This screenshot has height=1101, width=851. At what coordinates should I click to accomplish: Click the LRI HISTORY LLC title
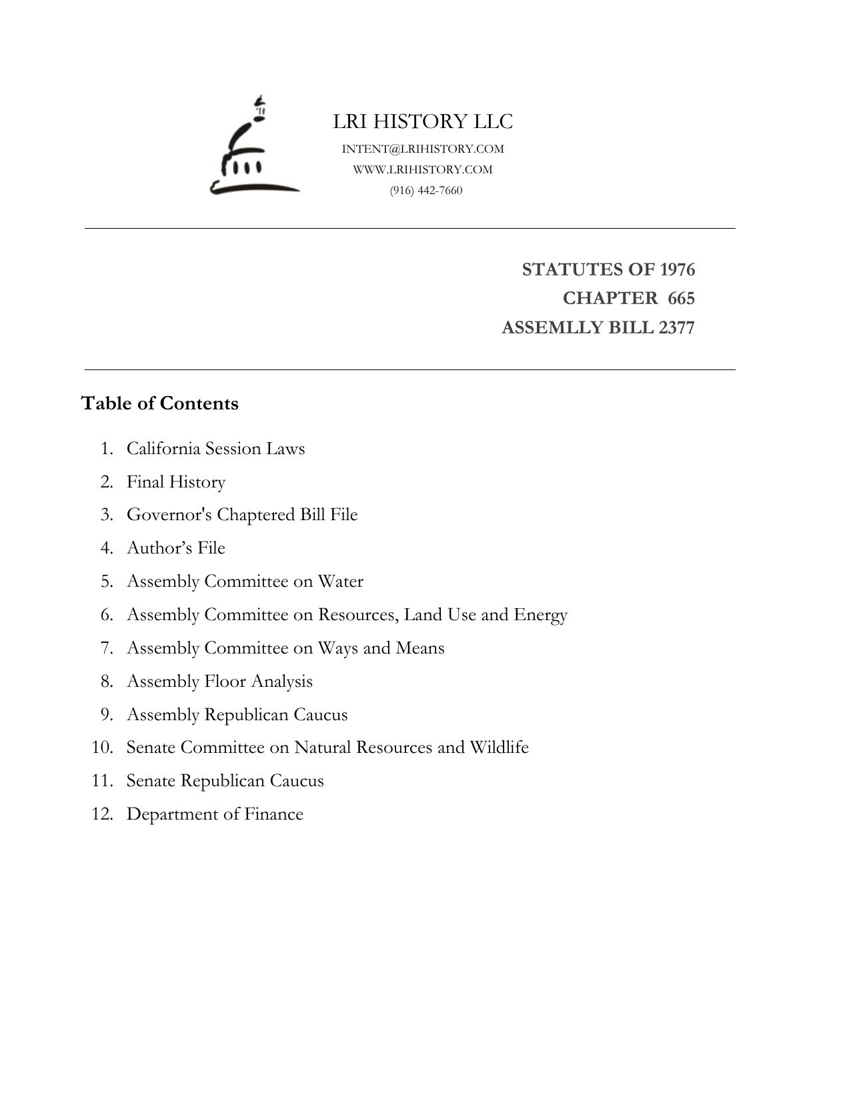tap(423, 121)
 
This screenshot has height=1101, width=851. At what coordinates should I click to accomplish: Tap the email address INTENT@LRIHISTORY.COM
tap(423, 149)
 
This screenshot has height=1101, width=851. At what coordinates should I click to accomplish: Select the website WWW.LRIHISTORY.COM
tap(423, 169)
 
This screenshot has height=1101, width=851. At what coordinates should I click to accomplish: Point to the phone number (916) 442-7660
tap(426, 190)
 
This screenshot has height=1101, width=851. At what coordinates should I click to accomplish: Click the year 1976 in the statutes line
tap(677, 269)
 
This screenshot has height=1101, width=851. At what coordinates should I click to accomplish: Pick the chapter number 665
tap(681, 298)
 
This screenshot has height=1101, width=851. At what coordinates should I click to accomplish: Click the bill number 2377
tap(676, 327)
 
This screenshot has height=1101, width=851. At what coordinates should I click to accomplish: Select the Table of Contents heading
tap(159, 403)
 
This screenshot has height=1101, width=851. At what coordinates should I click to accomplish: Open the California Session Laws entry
tap(215, 448)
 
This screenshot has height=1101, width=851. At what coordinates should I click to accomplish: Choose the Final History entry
tap(176, 481)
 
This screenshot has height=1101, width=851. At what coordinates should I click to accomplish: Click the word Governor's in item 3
tap(169, 515)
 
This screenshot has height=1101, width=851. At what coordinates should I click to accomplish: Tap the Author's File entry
tap(176, 547)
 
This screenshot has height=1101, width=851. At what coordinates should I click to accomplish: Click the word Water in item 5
tap(340, 581)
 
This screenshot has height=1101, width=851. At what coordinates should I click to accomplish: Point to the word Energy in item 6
tap(540, 614)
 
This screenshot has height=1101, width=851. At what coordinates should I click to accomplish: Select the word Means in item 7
tap(419, 648)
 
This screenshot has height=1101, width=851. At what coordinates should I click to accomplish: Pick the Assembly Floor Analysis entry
tap(219, 681)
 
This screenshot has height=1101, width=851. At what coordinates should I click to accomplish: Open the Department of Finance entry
tap(215, 814)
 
